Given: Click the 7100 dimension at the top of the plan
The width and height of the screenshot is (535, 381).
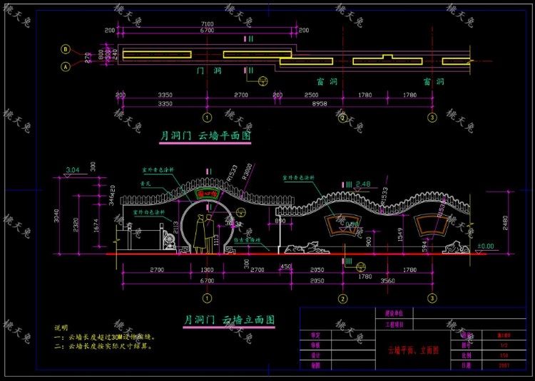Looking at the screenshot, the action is coord(205,24).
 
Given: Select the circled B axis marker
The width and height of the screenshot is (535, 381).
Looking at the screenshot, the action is coord(66,50).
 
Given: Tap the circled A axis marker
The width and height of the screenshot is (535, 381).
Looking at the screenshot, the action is coord(66,67).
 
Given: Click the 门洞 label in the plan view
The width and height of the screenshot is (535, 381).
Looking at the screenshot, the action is coord(207,73).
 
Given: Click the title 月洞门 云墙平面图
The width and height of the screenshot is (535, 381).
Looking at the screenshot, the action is coord(206,135).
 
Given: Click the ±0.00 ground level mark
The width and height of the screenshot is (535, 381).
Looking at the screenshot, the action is coord(486,246).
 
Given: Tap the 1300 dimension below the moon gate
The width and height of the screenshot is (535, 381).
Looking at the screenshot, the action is coord(207,271).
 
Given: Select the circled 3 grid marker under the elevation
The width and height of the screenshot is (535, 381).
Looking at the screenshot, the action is coord(432,298).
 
